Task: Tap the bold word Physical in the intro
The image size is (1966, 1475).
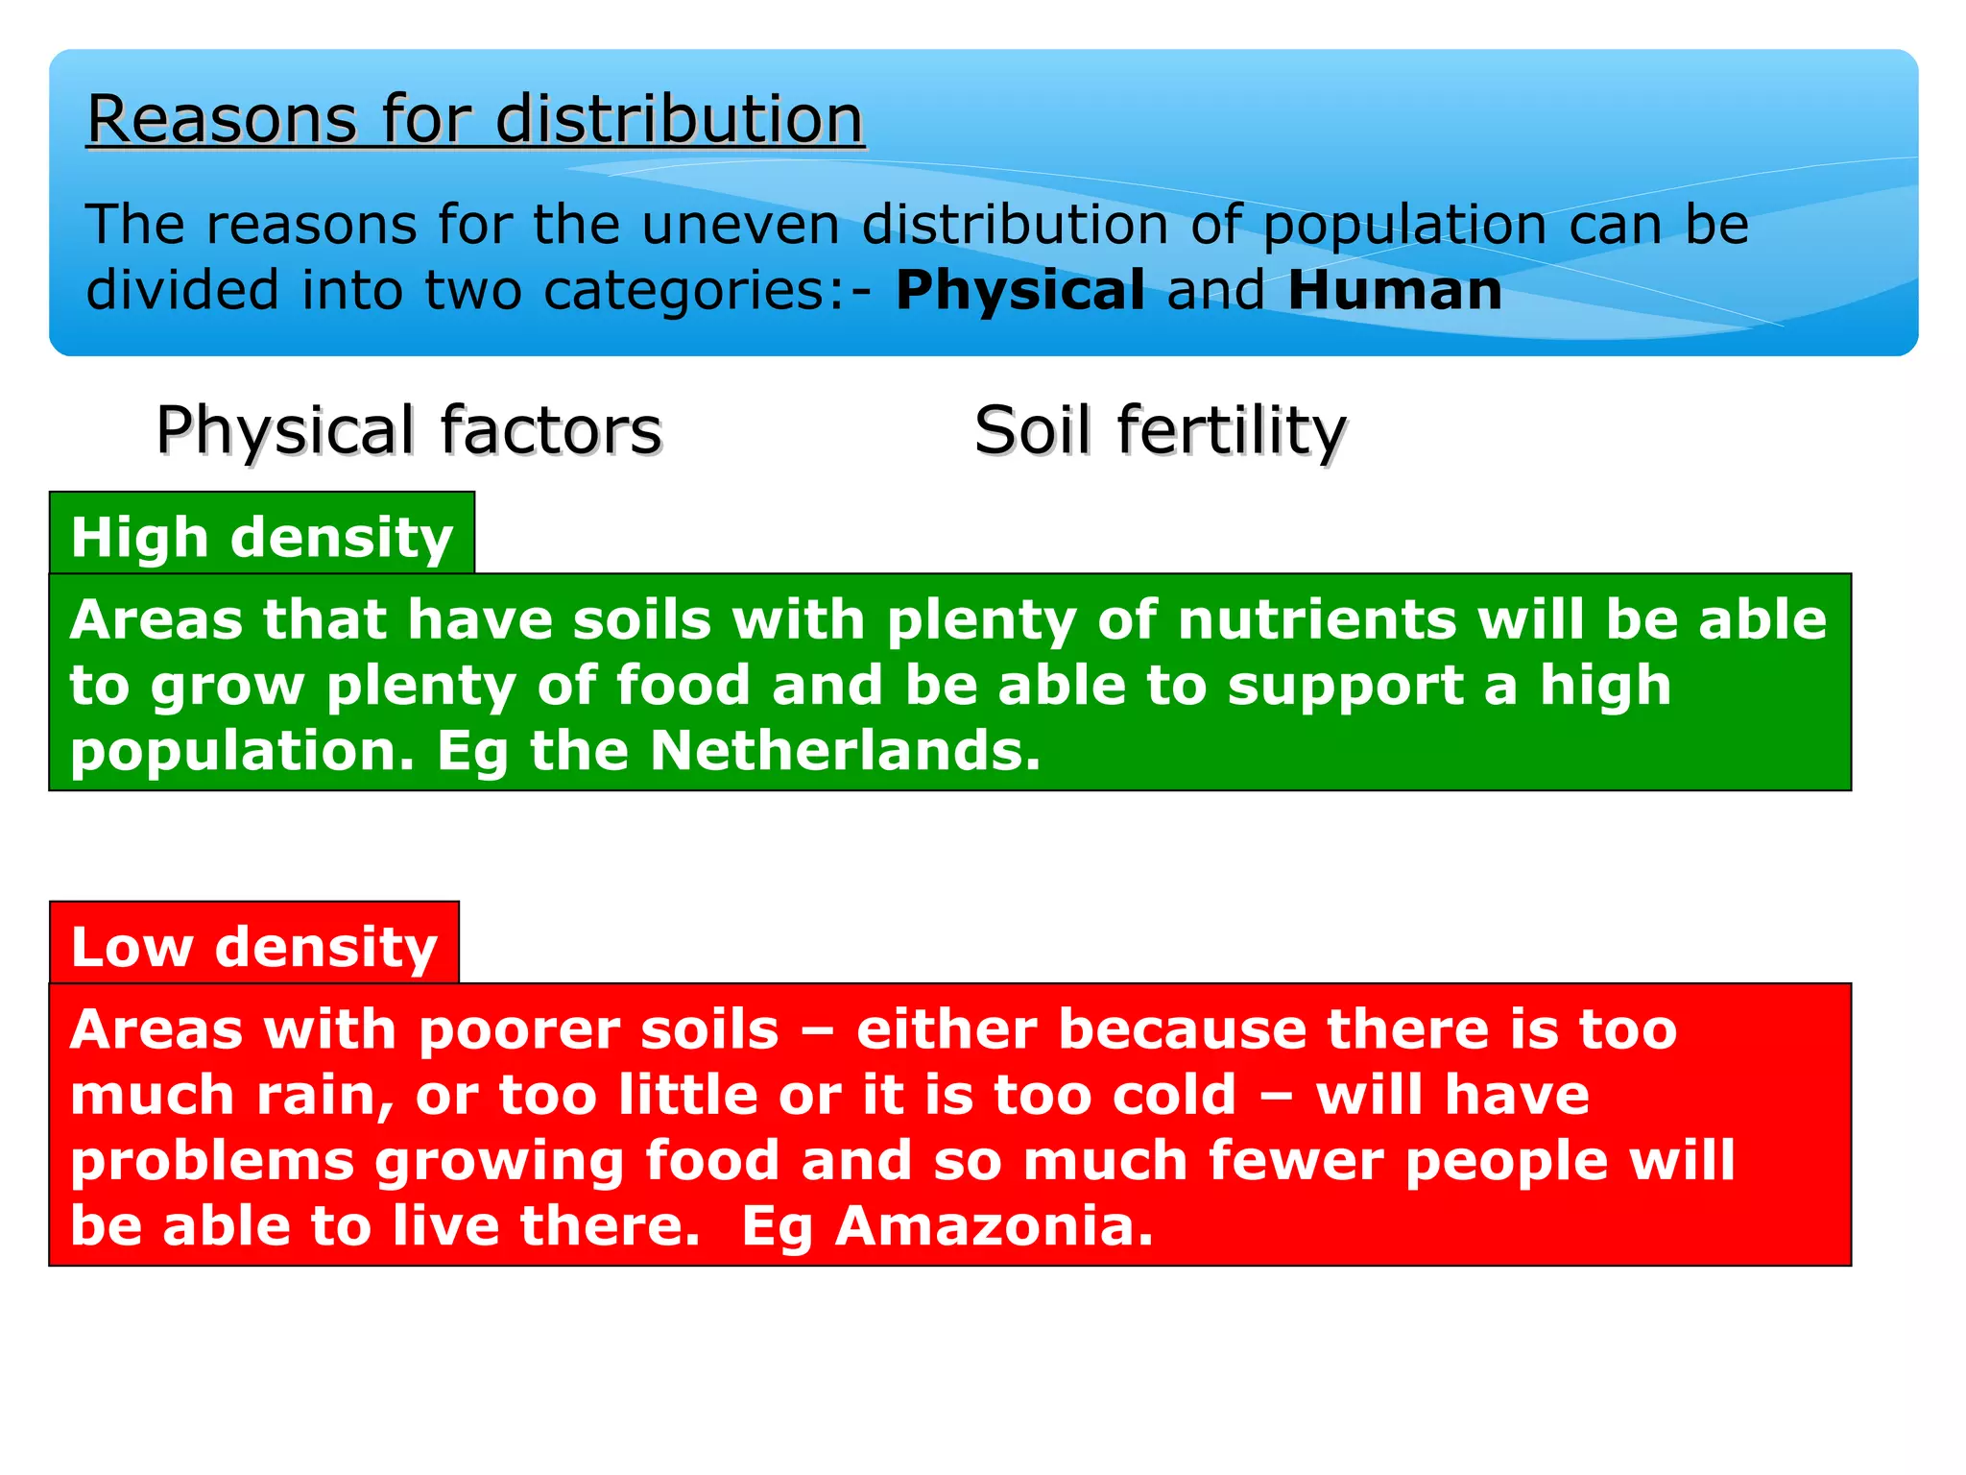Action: [x=1019, y=290]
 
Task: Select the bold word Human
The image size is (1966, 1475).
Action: [x=1394, y=290]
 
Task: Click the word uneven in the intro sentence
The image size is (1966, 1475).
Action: [x=740, y=225]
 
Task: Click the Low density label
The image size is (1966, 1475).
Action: [x=254, y=947]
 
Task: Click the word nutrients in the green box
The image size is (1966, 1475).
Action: [x=1316, y=619]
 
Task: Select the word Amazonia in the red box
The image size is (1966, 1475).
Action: [x=994, y=1226]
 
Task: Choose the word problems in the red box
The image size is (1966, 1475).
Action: [x=212, y=1161]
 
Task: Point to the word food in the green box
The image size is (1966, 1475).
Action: [x=682, y=685]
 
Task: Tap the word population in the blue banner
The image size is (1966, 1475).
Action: [x=1403, y=227]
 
